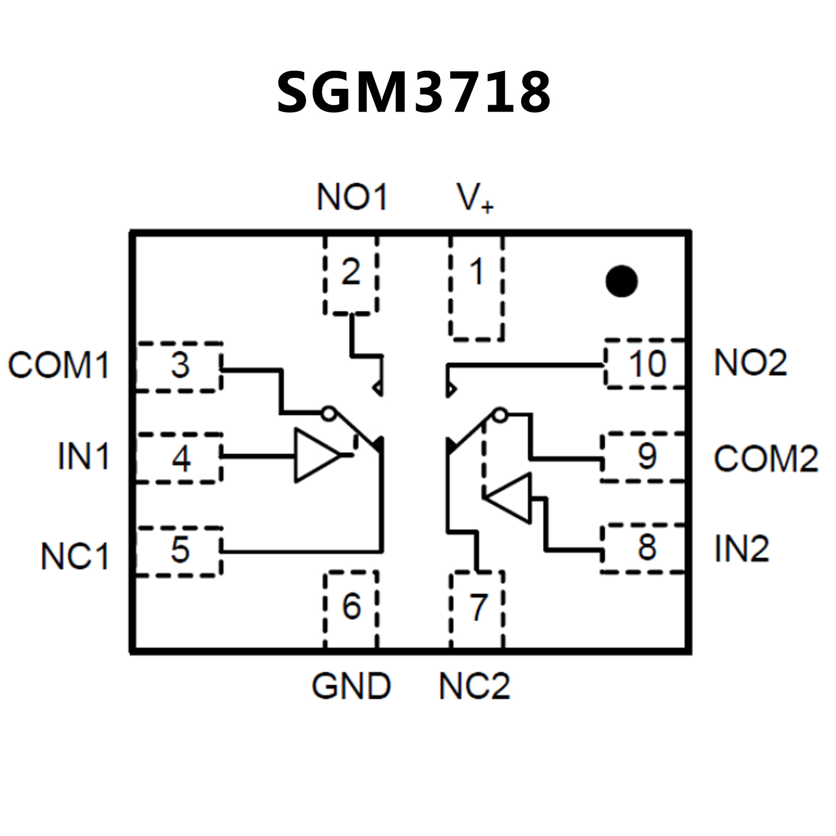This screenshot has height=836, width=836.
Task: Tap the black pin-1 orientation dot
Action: (x=621, y=281)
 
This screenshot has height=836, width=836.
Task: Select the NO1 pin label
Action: (x=352, y=197)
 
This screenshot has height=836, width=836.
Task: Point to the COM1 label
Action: (x=59, y=365)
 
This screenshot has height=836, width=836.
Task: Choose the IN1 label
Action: (x=83, y=456)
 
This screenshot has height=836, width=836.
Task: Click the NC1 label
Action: (x=75, y=556)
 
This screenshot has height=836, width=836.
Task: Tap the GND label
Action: (x=351, y=686)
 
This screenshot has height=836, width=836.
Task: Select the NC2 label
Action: (x=474, y=686)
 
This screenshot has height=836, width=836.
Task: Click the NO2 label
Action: (x=750, y=363)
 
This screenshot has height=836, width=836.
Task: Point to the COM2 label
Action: (x=766, y=459)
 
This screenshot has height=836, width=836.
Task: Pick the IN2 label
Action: (x=741, y=548)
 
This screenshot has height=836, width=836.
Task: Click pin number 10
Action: (x=648, y=364)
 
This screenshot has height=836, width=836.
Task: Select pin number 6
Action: (x=351, y=606)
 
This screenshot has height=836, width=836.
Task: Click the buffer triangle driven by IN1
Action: (x=315, y=455)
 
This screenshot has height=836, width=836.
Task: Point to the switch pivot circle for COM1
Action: (x=327, y=413)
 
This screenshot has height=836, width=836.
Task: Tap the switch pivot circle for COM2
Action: (x=499, y=415)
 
